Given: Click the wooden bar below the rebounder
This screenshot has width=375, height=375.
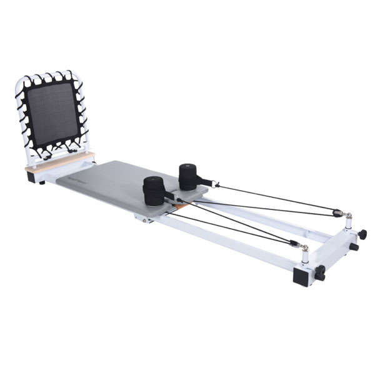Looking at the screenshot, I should [59, 161].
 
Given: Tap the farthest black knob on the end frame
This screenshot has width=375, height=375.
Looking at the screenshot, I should [362, 234].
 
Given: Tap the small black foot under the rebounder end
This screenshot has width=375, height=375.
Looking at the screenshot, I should [41, 182].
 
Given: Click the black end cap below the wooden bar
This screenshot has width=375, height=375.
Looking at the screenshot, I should [31, 176].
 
